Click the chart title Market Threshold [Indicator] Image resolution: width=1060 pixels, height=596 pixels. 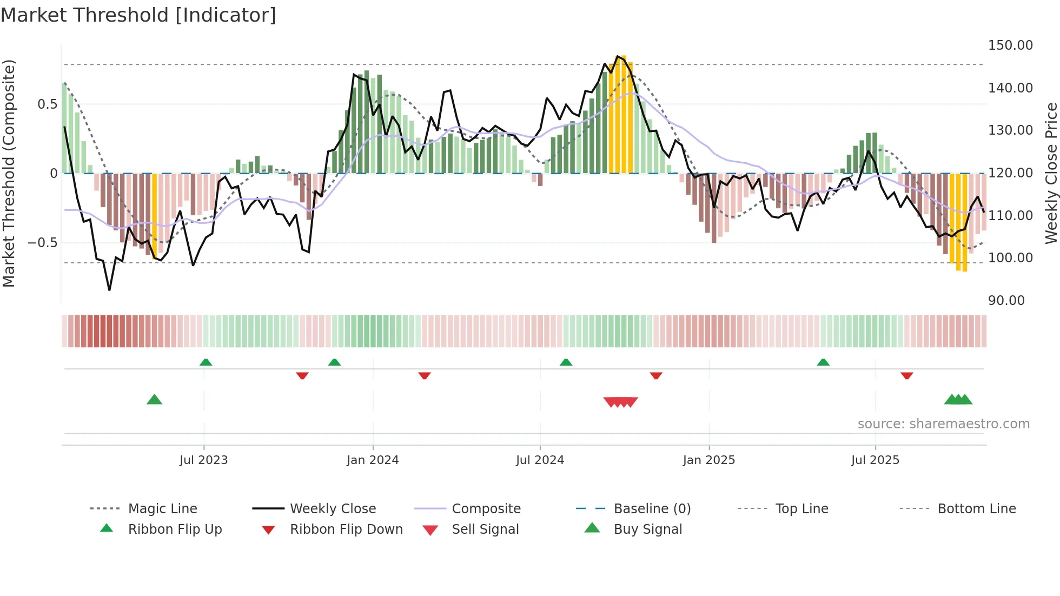138,15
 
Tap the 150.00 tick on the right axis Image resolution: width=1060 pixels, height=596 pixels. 1010,45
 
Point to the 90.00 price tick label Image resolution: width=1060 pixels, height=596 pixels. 1006,301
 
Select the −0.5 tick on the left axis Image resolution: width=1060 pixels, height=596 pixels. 42,243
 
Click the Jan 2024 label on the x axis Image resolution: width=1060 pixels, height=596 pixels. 373,460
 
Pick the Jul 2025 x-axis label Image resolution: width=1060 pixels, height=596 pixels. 875,460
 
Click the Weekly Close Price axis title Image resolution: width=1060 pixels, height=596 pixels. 1051,173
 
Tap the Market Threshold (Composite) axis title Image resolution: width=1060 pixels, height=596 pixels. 9,173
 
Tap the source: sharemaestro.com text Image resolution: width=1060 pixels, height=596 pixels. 943,424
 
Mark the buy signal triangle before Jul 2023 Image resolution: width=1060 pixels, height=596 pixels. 154,400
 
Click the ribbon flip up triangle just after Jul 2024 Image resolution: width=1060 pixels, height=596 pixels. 566,362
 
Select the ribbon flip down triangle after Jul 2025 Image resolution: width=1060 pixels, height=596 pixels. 907,376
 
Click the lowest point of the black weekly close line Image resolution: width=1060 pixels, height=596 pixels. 109,290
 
